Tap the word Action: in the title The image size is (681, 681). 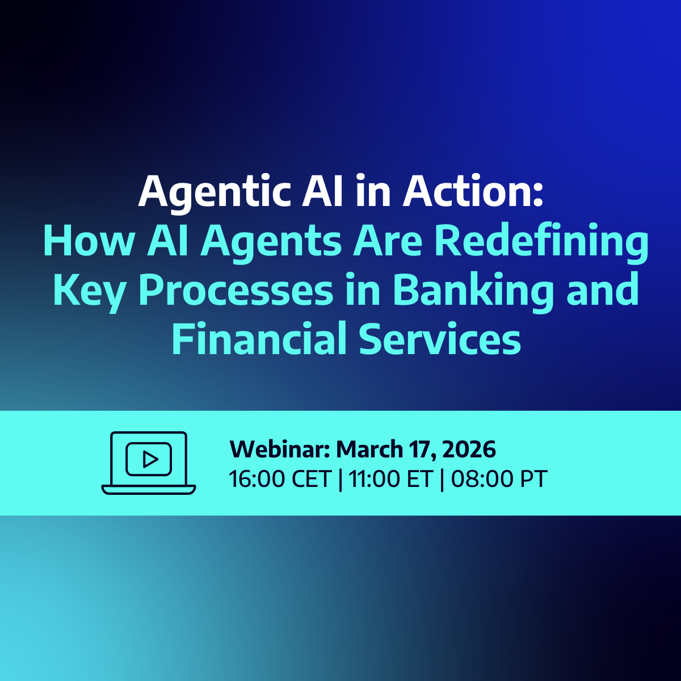[x=473, y=190]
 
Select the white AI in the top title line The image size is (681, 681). [x=322, y=190]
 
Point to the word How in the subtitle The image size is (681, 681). [x=89, y=239]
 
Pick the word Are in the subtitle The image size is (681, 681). [x=388, y=239]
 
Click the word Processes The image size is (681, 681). [x=236, y=289]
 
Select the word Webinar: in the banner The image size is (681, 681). [x=279, y=449]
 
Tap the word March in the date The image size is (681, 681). [x=369, y=449]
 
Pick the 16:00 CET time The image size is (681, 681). [x=280, y=479]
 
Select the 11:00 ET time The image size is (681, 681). [x=391, y=479]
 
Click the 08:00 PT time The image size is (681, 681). [x=499, y=479]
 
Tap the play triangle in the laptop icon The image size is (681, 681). [x=150, y=459]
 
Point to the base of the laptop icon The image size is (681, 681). [x=149, y=490]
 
